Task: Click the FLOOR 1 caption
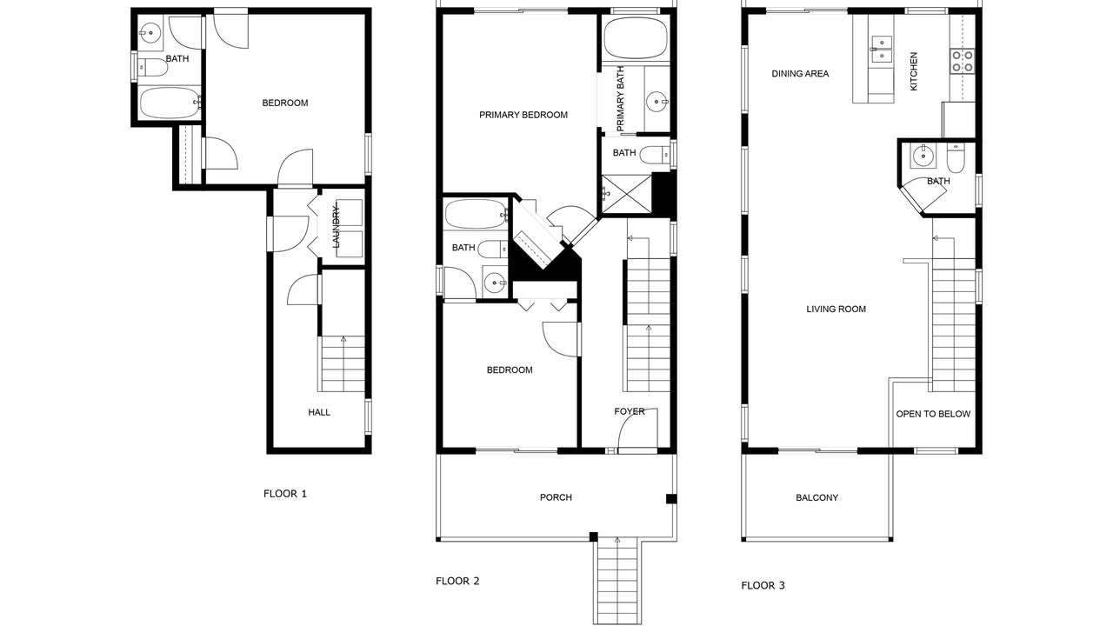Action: click(x=285, y=494)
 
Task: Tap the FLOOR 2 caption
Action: click(x=457, y=582)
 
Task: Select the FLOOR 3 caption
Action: click(x=763, y=586)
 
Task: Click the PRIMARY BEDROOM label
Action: click(x=523, y=116)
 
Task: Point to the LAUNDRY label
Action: click(x=336, y=227)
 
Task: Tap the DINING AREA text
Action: click(x=800, y=74)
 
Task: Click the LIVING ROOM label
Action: click(x=836, y=309)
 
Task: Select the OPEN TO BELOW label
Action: click(x=933, y=414)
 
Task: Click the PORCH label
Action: click(x=556, y=497)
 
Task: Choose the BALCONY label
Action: click(x=816, y=498)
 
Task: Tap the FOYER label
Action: click(x=630, y=411)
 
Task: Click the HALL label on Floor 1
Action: click(x=319, y=412)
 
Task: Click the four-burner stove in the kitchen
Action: click(x=963, y=62)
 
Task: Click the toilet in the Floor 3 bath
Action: click(x=955, y=157)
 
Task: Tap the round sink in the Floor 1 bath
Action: click(x=150, y=33)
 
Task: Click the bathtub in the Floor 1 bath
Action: click(x=170, y=103)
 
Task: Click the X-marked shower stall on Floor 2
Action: click(x=626, y=194)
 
